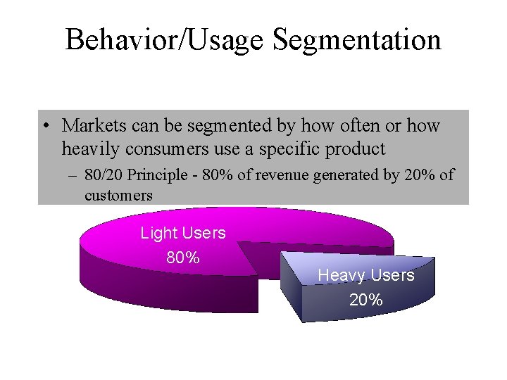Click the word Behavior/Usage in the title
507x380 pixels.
[165, 39]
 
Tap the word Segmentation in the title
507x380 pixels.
[357, 39]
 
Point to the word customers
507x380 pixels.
[118, 196]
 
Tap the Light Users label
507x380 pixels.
[183, 233]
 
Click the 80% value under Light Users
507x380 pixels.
[183, 258]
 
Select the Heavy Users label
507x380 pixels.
[366, 275]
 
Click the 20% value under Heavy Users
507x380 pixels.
[366, 300]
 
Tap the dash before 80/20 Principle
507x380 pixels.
[73, 175]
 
